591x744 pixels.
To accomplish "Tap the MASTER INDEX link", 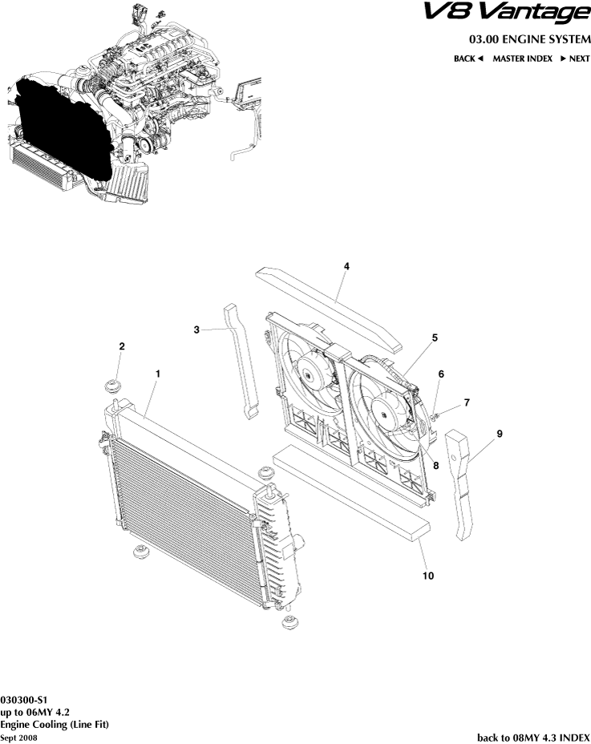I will [522, 59].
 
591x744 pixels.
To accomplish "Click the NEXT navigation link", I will [575, 59].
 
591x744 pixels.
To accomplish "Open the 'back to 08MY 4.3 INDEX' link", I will [533, 737].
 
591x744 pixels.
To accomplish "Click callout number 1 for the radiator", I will [158, 374].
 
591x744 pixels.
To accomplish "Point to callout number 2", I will [122, 346].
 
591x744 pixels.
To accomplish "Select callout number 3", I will [196, 329].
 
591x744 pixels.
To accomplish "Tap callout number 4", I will [346, 265].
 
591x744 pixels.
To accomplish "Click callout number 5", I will [435, 338].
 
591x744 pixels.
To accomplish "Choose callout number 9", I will [499, 434].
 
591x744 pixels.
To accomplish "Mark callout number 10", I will [429, 575].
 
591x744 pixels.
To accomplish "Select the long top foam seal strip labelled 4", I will [329, 309].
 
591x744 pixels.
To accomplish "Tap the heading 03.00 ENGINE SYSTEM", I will [529, 40].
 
